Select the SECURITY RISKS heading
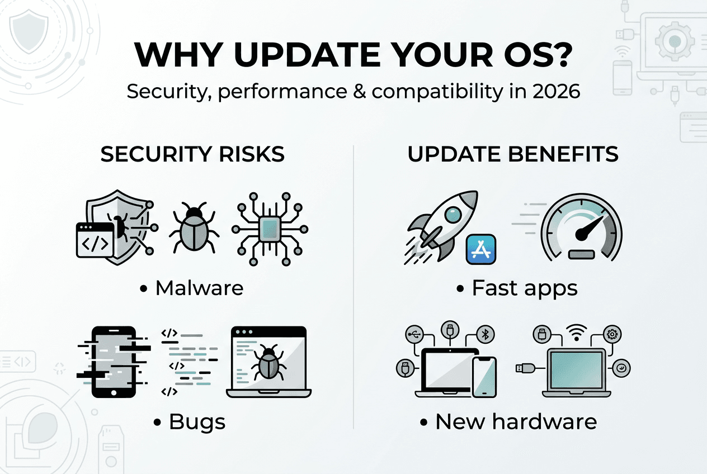click(x=192, y=155)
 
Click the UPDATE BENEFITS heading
click(x=513, y=155)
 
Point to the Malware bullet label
click(x=199, y=288)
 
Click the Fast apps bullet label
click(x=525, y=288)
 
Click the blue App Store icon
click(x=481, y=249)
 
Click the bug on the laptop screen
click(x=268, y=361)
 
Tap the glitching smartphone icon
click(x=114, y=361)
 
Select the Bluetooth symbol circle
click(x=486, y=334)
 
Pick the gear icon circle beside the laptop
click(x=612, y=334)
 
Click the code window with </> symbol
click(x=95, y=240)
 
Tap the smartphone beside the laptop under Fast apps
click(x=484, y=377)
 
